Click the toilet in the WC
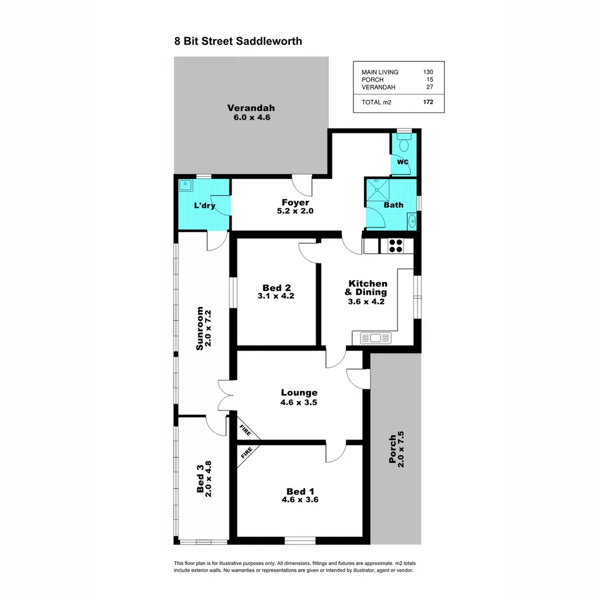[404, 145]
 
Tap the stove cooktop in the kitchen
[395, 246]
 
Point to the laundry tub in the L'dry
[186, 185]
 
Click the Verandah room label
[251, 108]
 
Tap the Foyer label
[296, 203]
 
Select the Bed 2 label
[277, 288]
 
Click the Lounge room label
[299, 393]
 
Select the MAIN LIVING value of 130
[427, 72]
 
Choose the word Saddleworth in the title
[269, 41]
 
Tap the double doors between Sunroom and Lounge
[224, 396]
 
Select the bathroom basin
[412, 222]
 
